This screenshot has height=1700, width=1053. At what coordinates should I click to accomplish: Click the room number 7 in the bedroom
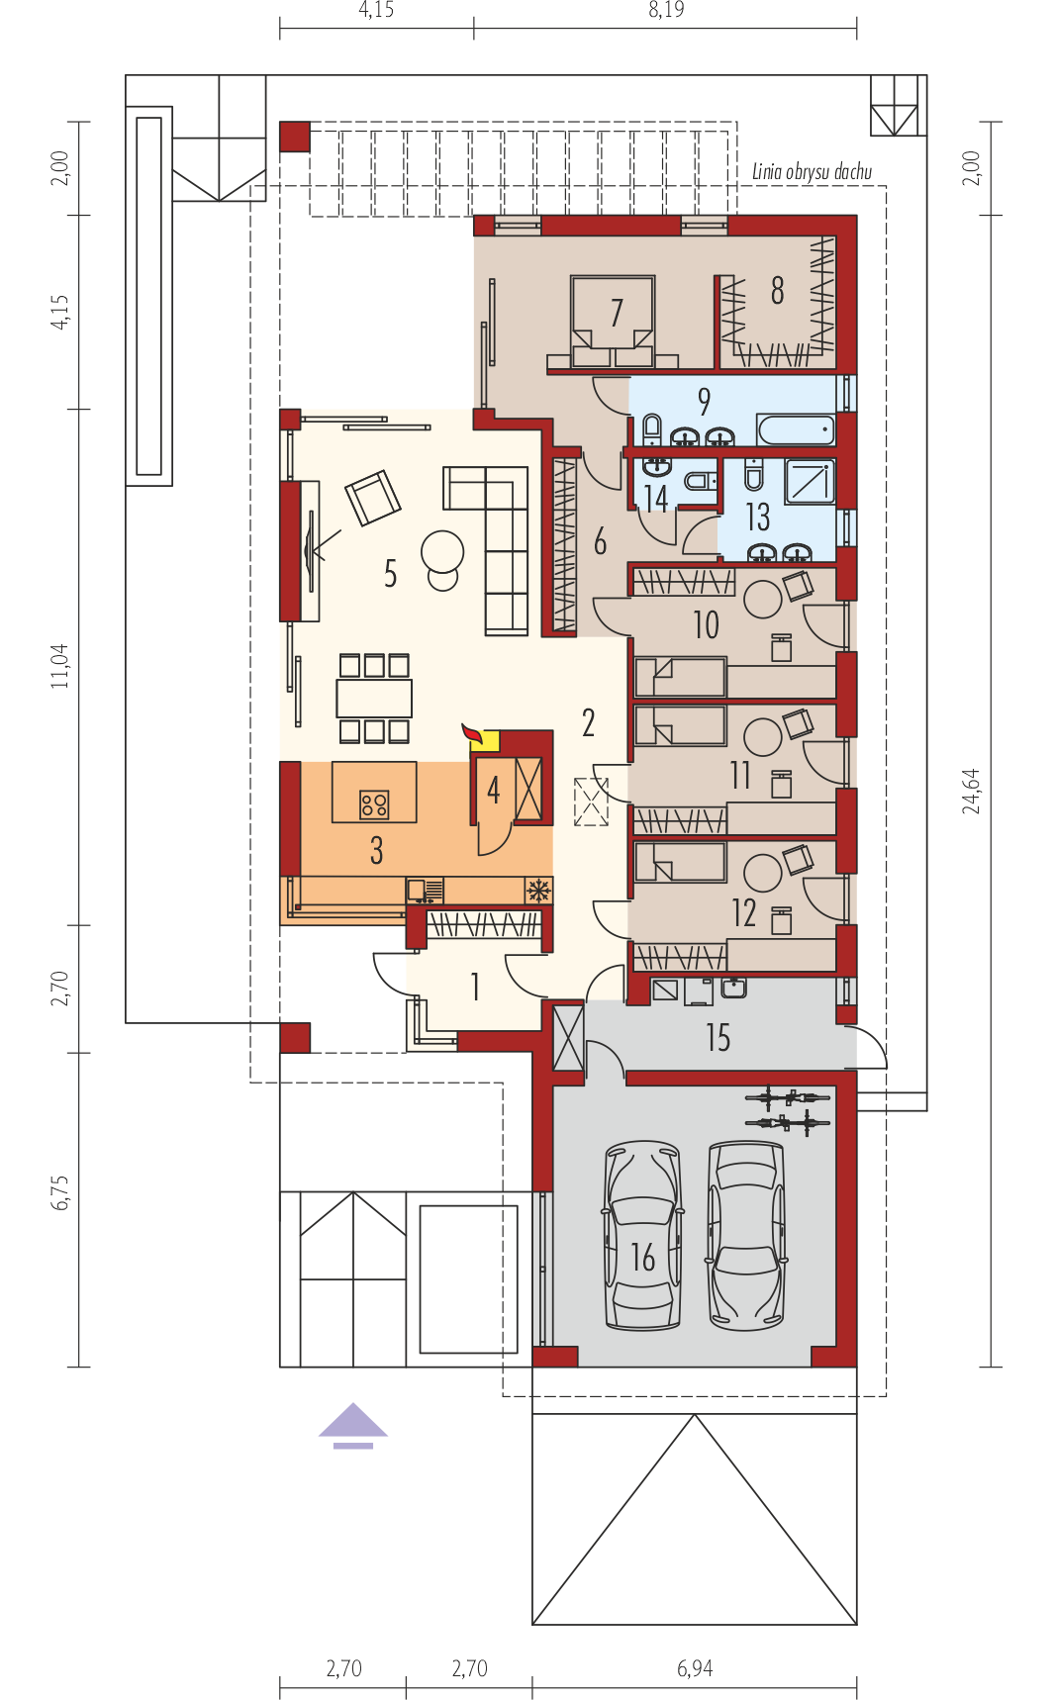coord(617,313)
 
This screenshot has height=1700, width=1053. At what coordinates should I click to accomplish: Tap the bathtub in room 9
coord(797,429)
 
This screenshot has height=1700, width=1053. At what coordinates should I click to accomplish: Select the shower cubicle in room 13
coord(811,481)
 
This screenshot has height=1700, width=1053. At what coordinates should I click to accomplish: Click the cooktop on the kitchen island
coord(374,803)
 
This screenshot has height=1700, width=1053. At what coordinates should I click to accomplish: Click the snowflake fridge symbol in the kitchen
coord(538,890)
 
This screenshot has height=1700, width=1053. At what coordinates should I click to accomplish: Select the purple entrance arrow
coord(353,1425)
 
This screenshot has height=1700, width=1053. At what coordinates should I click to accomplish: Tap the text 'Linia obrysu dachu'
coord(812,172)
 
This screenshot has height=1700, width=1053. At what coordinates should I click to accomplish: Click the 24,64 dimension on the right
coord(972,791)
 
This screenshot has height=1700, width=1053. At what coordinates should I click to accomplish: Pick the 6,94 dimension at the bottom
coord(695,1668)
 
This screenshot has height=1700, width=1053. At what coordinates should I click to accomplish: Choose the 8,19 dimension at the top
coord(666,10)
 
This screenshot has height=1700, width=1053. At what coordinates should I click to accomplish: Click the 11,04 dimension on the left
coord(60,666)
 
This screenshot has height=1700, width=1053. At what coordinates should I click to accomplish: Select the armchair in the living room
coord(373,497)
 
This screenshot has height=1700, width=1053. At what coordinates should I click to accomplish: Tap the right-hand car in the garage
coord(746,1236)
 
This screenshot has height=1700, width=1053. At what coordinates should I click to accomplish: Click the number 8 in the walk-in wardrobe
coord(778,290)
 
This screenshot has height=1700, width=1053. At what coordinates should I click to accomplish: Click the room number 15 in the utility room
coord(718,1038)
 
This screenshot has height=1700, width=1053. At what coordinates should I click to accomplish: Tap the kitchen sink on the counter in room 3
coord(425,891)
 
